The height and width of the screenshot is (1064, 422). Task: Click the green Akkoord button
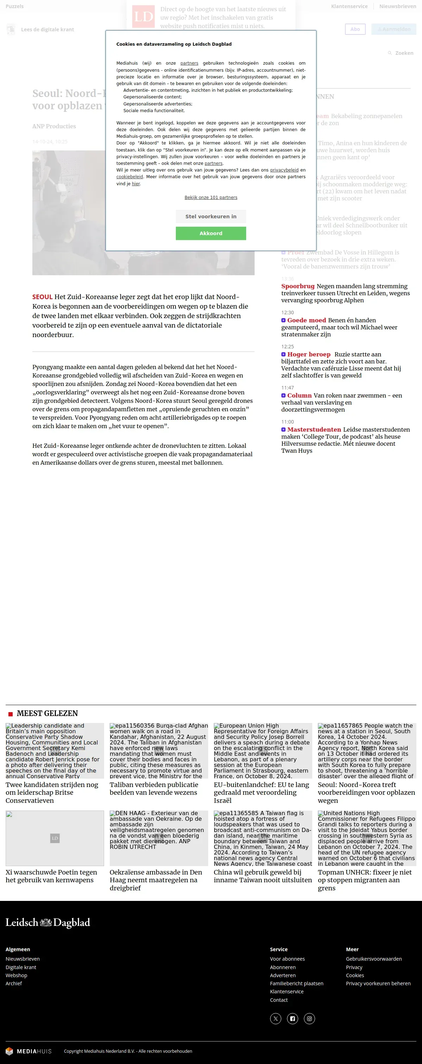pos(211,233)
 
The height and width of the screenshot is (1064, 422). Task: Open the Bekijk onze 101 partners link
pos(211,198)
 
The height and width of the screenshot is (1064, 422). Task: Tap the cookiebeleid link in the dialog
pos(129,177)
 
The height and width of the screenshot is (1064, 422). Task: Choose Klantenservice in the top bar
pos(349,6)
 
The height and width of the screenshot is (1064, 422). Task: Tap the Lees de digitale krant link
pos(47,29)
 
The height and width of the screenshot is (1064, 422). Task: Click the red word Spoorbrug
pos(298,286)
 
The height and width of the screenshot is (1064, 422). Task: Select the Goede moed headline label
pos(306,320)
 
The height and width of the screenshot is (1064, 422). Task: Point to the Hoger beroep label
pos(309,354)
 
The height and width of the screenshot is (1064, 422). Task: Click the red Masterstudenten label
pos(314,430)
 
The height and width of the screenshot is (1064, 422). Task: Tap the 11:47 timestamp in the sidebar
pos(287,387)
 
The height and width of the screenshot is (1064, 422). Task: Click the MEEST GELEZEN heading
pos(47,713)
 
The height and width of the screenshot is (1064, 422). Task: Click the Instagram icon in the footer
pos(309,1019)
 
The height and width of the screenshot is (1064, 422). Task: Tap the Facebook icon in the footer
pos(292,1019)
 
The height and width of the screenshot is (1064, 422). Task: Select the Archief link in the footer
pos(14,984)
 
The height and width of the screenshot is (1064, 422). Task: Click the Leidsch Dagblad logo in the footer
pos(47,923)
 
